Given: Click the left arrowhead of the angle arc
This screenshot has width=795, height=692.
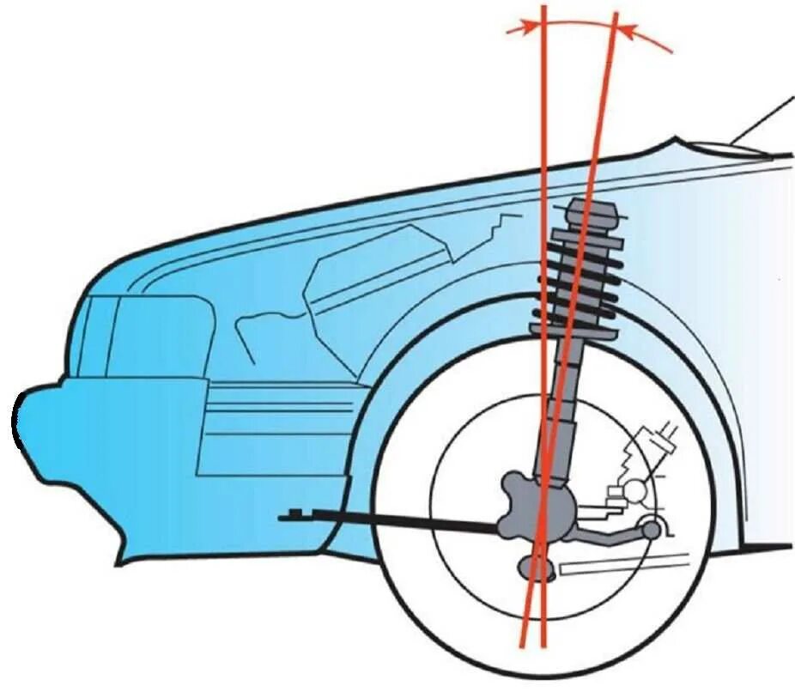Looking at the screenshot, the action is [514, 29].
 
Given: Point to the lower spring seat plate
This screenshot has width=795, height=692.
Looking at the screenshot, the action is [573, 329].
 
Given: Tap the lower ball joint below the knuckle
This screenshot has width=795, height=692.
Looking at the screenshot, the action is [536, 567].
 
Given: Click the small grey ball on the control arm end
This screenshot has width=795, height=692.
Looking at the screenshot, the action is [652, 530].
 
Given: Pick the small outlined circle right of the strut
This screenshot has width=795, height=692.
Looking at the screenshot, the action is [638, 490].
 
